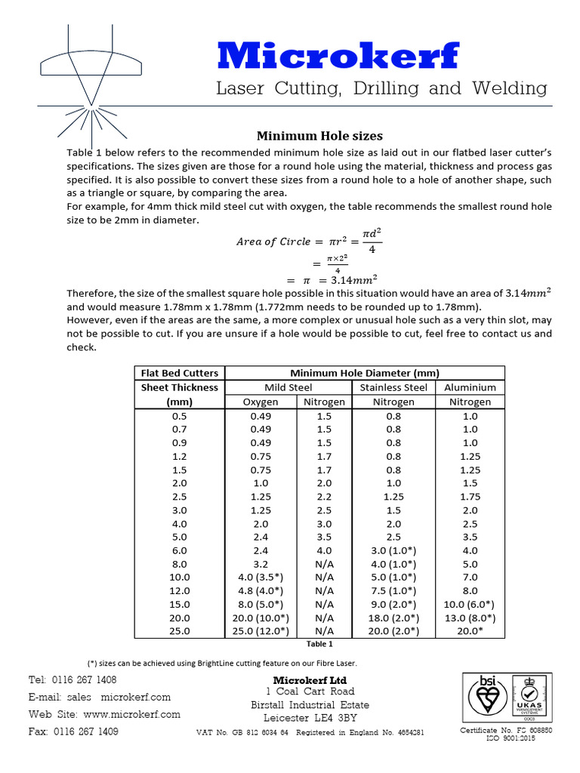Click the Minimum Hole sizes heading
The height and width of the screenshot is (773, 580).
click(x=319, y=136)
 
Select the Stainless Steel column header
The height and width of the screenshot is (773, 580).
click(x=393, y=387)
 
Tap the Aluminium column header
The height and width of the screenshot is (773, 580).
click(x=470, y=387)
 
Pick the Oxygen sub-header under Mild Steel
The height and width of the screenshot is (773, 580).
click(x=260, y=402)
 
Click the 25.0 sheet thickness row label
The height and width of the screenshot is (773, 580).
click(x=180, y=630)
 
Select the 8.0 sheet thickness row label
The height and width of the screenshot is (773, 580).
click(x=180, y=563)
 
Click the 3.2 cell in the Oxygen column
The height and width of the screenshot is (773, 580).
click(x=260, y=563)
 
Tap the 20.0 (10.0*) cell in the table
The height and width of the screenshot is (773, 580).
click(x=260, y=617)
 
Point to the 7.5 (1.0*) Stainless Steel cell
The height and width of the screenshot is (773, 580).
click(x=393, y=590)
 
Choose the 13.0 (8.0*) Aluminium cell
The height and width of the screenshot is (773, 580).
click(x=470, y=617)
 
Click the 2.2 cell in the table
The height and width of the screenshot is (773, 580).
click(x=324, y=496)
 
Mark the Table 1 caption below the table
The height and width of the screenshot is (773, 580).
click(x=319, y=644)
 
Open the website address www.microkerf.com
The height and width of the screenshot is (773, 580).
click(x=132, y=714)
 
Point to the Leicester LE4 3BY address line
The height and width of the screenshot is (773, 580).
click(x=310, y=718)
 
